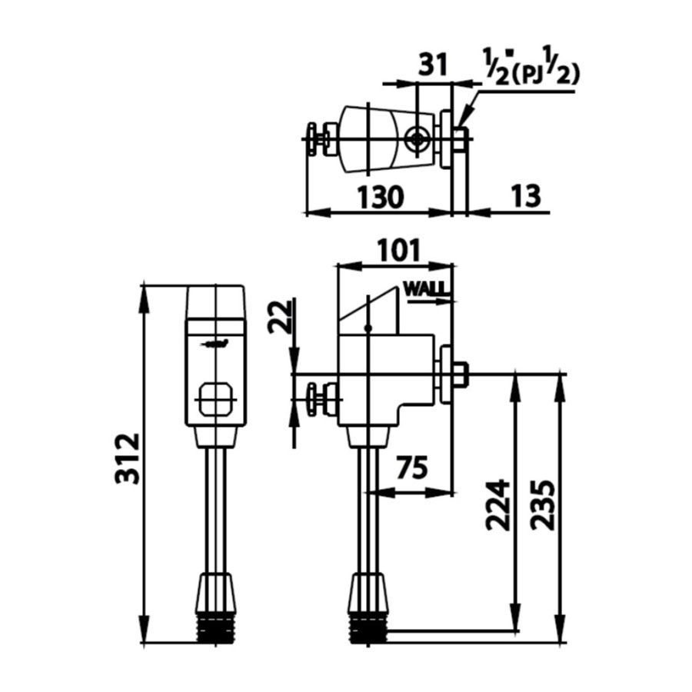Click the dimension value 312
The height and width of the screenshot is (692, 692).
[x=128, y=458]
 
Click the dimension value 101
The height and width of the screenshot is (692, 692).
[x=398, y=250]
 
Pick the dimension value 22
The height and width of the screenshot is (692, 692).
[x=281, y=316]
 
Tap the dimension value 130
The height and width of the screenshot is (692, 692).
[x=380, y=197]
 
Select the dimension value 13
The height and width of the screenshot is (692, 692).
[x=525, y=197]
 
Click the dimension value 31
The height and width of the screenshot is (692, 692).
[x=433, y=65]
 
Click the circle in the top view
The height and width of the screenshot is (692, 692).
[x=418, y=139]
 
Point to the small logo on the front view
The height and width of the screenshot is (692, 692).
[x=216, y=344]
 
